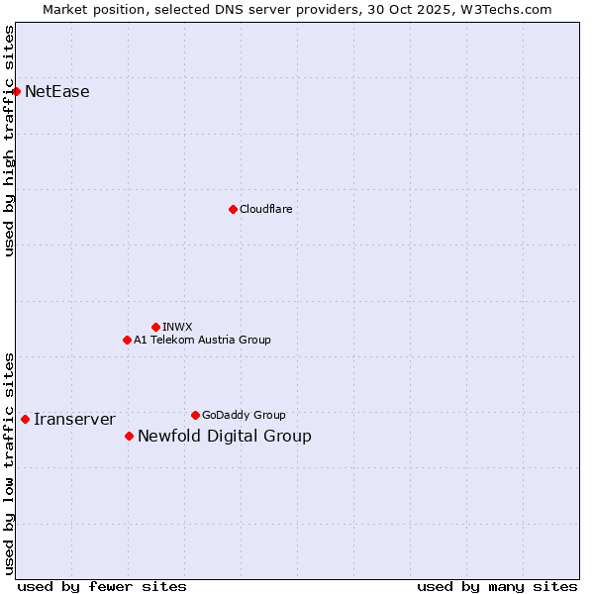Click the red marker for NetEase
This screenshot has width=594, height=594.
click(x=17, y=92)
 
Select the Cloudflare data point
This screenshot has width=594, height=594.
click(x=233, y=209)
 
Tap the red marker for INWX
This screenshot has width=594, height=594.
click(x=155, y=327)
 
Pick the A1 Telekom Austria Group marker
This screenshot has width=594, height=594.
click(x=127, y=340)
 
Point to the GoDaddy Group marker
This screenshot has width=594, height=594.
click(x=195, y=415)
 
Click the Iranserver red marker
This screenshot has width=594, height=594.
click(x=25, y=419)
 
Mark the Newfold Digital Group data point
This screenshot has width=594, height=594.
click(x=129, y=436)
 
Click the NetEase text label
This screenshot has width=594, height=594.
click(x=57, y=92)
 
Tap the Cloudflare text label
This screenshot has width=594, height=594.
click(x=266, y=209)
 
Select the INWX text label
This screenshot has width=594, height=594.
click(x=177, y=327)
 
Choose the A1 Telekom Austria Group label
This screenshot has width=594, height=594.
click(x=202, y=340)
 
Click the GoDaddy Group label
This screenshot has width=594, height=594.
click(x=244, y=415)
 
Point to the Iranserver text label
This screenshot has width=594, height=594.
click(x=74, y=419)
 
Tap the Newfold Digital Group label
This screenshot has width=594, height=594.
click(x=225, y=436)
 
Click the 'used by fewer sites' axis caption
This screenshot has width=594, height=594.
click(x=102, y=586)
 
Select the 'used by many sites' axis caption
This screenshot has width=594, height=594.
click(x=497, y=586)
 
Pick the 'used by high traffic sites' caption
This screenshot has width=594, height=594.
click(x=10, y=141)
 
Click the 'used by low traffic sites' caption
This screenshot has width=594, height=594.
click(x=10, y=462)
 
